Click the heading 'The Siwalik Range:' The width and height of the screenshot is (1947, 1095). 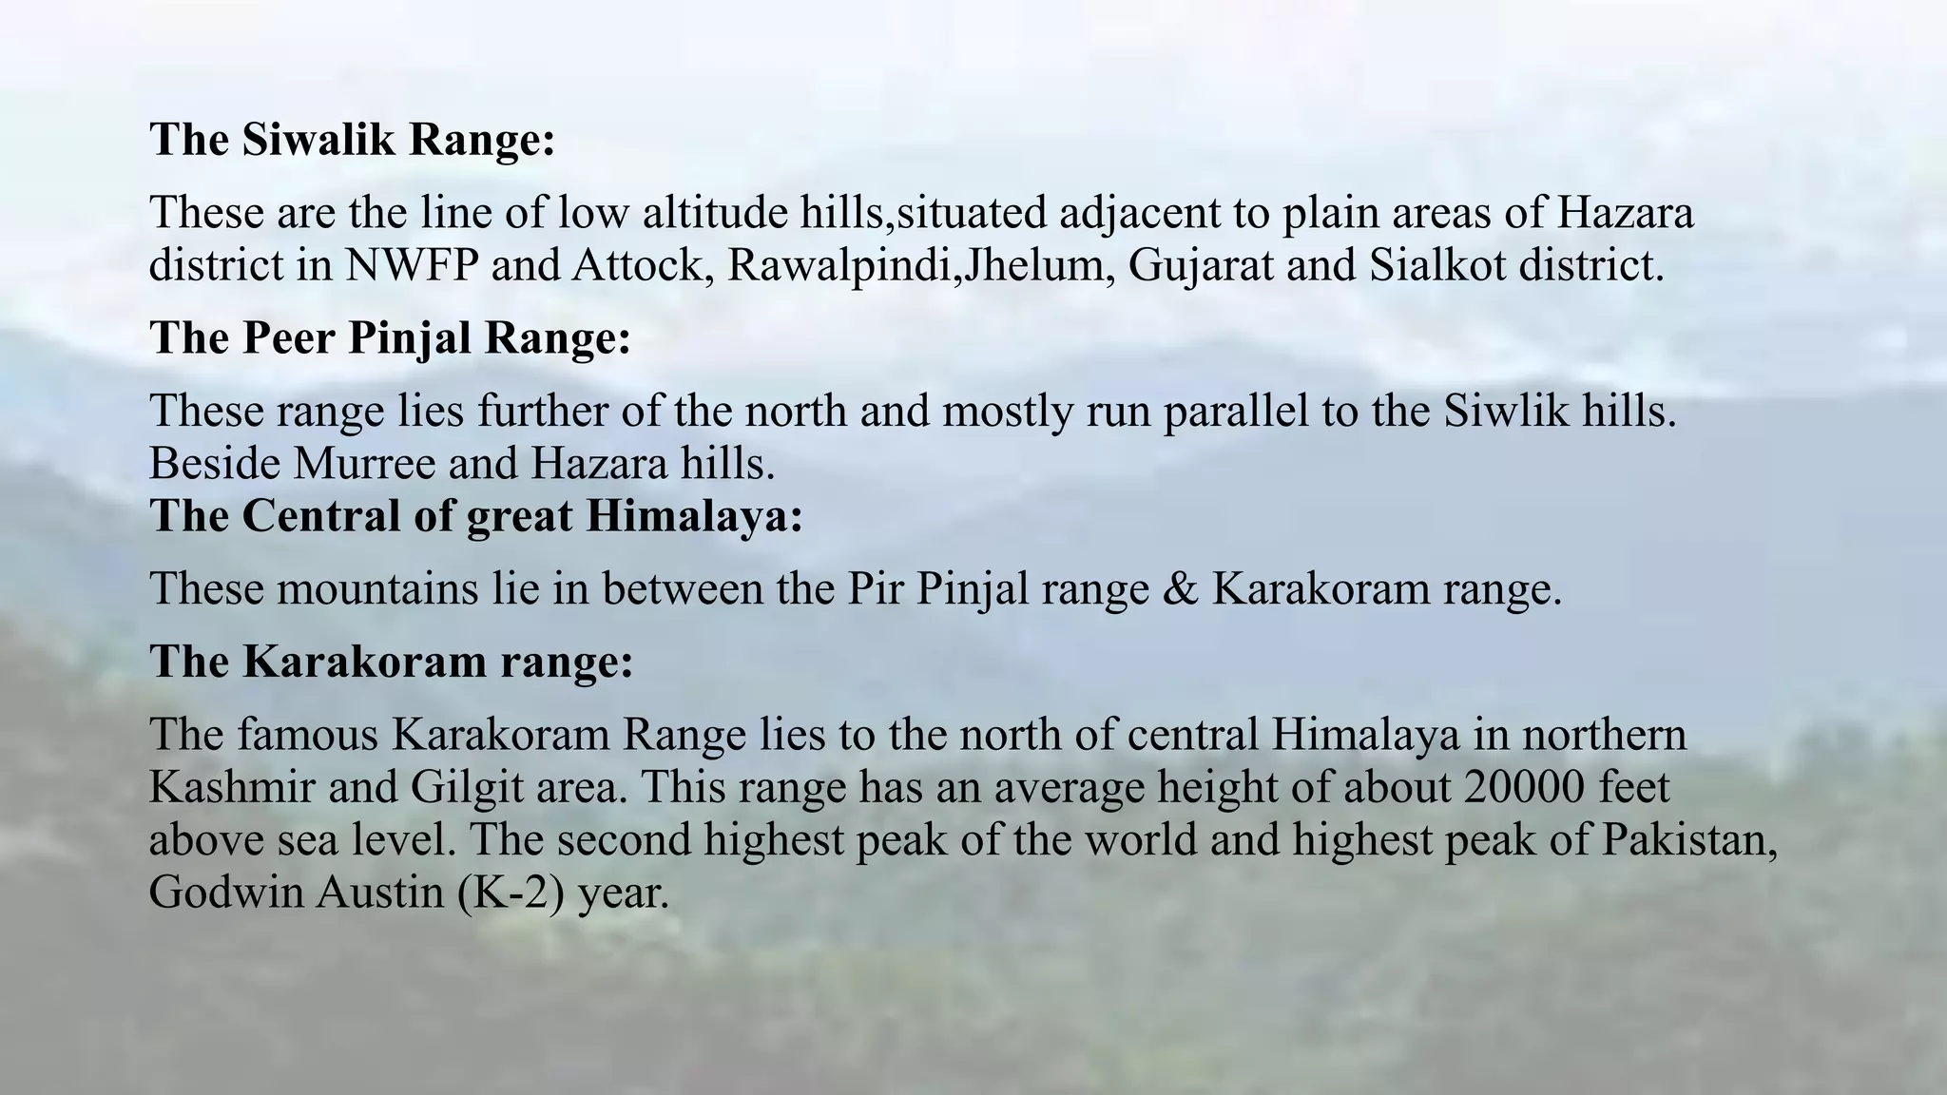tap(352, 140)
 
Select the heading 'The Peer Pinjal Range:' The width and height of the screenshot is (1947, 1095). tap(390, 337)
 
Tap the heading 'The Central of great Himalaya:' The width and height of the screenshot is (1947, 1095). tap(476, 516)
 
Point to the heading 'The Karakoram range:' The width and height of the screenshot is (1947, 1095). tap(391, 661)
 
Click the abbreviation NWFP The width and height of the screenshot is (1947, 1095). tap(411, 265)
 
